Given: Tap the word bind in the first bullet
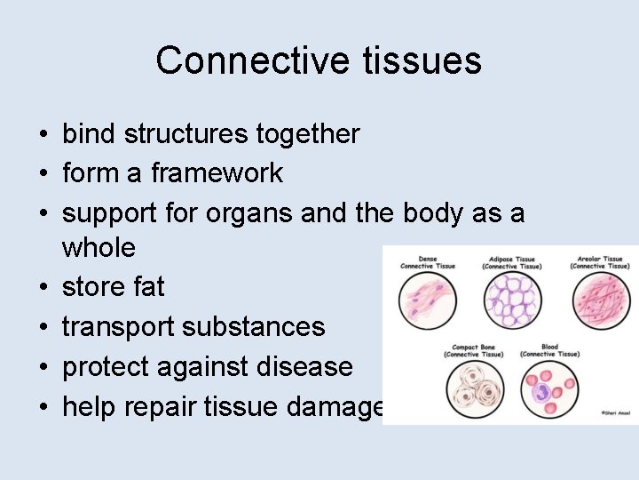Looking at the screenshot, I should (x=90, y=134).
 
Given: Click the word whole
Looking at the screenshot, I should (x=99, y=248).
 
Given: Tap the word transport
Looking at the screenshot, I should (x=118, y=327).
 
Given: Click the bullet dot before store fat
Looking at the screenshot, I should (x=43, y=288).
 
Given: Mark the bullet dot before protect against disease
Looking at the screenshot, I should (x=43, y=367).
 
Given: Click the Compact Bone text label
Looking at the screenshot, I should (x=473, y=350).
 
